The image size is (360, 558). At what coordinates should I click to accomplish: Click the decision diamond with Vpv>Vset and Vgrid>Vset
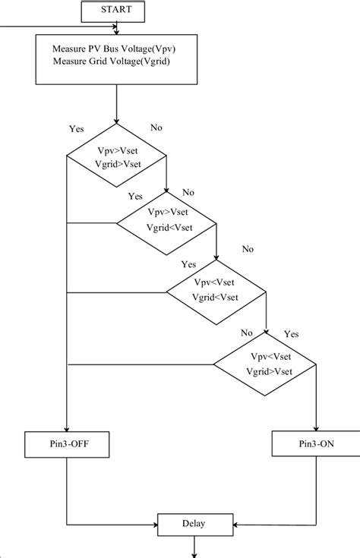point(116,157)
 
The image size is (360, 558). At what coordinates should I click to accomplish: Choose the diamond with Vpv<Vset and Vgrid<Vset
point(216,291)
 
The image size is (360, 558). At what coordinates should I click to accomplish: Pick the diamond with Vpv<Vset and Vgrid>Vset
point(266,364)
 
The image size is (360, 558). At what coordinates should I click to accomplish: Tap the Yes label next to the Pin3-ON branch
point(291,334)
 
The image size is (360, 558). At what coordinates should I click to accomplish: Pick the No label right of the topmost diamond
point(156,128)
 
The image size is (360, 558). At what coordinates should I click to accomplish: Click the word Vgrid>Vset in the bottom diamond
point(269,371)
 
